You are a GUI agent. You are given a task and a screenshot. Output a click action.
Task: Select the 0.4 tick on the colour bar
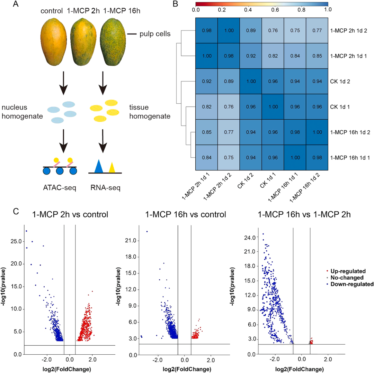tap(248, 10)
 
